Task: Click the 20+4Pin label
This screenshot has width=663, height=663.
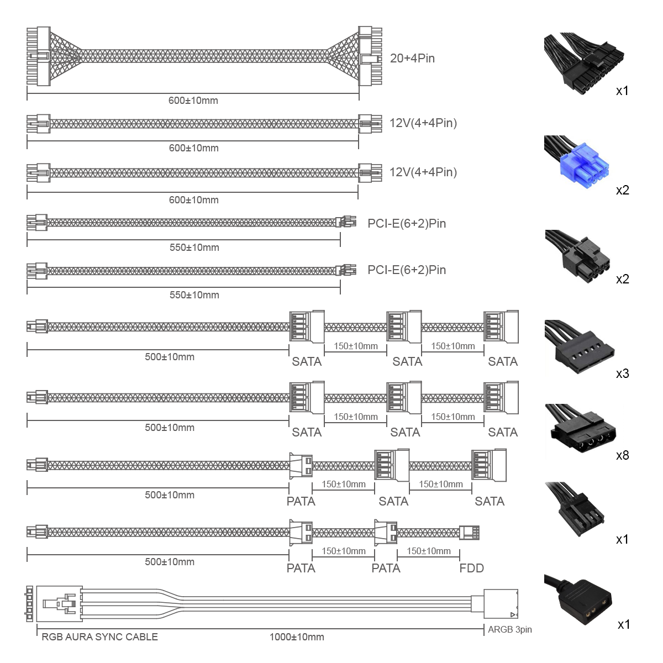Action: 412,59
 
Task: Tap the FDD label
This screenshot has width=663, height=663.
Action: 471,568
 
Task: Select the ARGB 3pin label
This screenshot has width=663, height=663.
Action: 510,629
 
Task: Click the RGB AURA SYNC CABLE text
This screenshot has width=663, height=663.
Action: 99,637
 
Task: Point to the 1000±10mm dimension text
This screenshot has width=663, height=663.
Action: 297,637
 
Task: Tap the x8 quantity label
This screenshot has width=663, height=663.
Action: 623,455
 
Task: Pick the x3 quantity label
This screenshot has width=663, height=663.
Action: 623,373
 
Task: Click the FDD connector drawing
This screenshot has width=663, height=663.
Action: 469,533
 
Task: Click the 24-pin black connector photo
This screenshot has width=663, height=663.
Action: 584,64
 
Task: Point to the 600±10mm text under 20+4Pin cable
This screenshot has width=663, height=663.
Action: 193,101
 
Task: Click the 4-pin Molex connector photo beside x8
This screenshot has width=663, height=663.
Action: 581,428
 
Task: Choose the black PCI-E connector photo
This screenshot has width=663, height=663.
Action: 577,256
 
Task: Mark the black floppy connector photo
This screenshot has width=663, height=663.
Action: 575,508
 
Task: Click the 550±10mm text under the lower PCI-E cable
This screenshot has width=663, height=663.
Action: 194,295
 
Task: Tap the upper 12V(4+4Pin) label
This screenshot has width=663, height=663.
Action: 423,123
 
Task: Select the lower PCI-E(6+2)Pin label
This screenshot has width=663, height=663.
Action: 407,270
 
